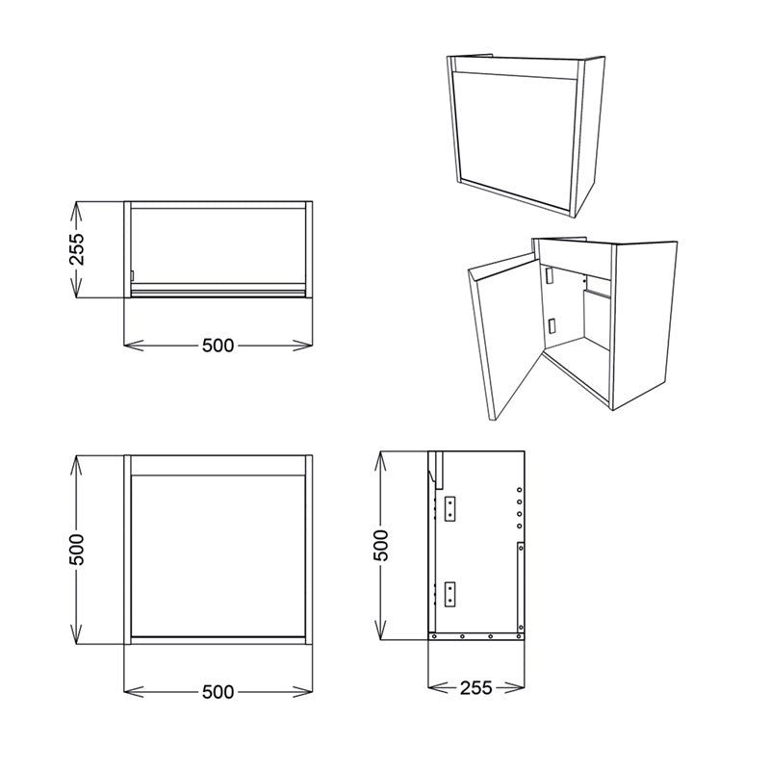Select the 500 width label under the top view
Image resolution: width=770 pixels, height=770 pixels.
(x=218, y=346)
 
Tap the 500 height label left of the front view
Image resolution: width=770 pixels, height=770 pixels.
(x=78, y=549)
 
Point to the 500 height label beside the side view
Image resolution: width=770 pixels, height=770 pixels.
(x=381, y=546)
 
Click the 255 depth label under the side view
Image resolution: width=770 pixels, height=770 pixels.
(x=475, y=687)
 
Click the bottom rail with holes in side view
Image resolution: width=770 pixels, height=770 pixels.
(x=476, y=635)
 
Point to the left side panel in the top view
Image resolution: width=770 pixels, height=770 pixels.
(x=127, y=249)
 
